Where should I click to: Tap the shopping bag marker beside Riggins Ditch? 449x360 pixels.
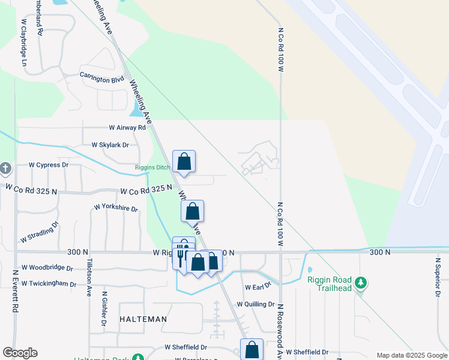pos(184,161)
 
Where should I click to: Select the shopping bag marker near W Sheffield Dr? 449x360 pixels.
pos(252,350)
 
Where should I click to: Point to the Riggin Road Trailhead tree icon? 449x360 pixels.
pos(360,282)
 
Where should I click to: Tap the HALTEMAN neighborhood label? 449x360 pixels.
pos(142,319)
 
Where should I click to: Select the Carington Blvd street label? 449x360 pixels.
pos(102,78)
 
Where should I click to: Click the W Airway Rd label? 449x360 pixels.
pos(127,128)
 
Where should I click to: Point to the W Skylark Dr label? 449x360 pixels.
pos(110,145)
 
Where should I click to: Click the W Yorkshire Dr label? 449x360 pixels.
pos(116,208)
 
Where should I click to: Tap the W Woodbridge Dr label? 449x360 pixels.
pos(47,268)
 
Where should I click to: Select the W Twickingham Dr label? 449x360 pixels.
pos(49,284)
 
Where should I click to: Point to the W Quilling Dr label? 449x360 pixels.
pos(255,304)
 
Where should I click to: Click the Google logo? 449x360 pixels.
pos(20,353)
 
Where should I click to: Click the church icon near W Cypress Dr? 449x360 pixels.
pos(5,168)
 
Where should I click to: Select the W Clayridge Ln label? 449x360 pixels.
pos(24,43)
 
